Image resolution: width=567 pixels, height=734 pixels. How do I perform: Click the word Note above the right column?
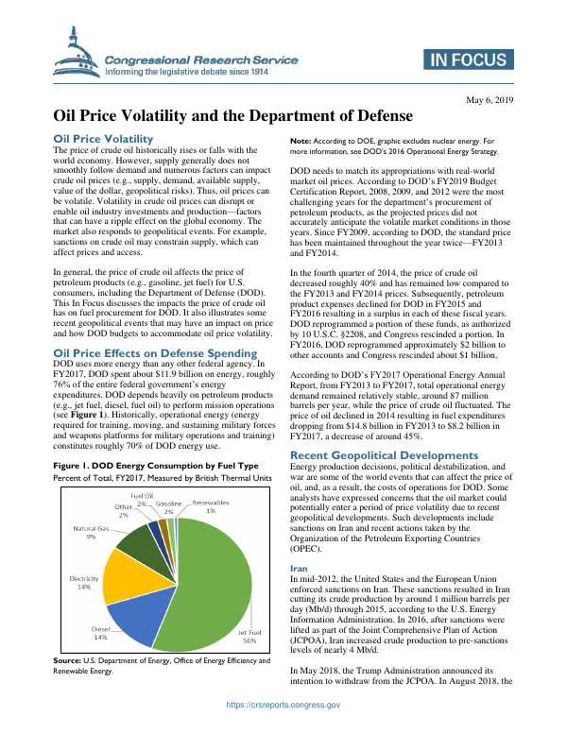click(x=301, y=140)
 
